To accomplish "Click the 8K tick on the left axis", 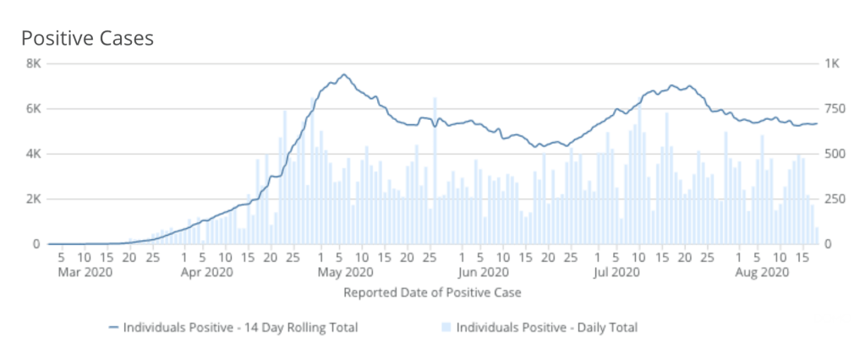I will (35, 63).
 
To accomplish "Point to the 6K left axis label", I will (35, 108).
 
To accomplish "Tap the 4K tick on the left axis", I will (35, 154).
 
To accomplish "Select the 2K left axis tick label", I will (35, 199).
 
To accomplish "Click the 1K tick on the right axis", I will (832, 63).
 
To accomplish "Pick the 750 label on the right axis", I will (835, 108).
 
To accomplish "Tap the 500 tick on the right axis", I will (835, 154).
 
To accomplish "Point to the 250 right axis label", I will (835, 199).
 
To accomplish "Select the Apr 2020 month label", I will (206, 272).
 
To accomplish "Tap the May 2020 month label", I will (345, 272).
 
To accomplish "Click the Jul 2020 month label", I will (616, 272).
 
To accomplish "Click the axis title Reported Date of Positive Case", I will (431, 292).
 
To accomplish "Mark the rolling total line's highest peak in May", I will (343, 74).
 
